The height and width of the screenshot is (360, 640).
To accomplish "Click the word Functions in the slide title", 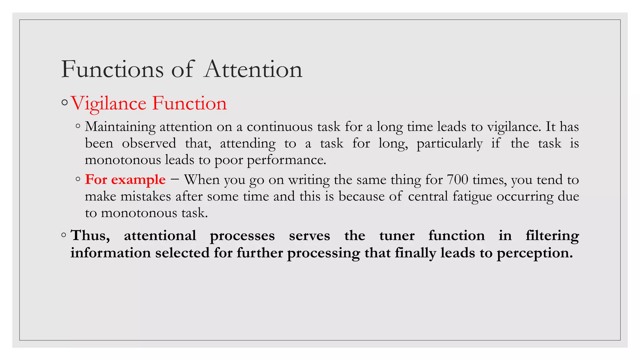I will (112, 69).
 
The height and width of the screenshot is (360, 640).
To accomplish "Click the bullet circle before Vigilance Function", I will (65, 102).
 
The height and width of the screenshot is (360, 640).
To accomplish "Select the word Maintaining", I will (120, 127).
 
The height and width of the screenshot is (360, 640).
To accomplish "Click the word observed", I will (149, 143).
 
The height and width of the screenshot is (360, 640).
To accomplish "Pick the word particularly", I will (449, 143).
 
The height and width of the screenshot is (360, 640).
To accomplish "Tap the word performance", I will (286, 160).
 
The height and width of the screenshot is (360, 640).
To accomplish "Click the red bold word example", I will (138, 180).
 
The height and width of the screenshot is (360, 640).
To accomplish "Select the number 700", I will (457, 180).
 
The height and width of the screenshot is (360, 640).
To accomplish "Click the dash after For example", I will (175, 180).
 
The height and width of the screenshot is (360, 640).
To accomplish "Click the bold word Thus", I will (90, 235).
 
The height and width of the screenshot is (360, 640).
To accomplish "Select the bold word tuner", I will (397, 235).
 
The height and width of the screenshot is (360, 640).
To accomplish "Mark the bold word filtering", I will (552, 235).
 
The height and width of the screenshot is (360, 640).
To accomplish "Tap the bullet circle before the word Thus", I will (64, 235).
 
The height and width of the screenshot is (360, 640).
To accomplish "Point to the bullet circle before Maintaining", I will (78, 127).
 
